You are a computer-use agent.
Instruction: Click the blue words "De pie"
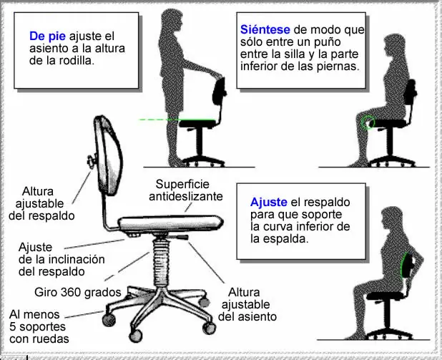coord(47,36)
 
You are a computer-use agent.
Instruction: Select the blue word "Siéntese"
coord(265,29)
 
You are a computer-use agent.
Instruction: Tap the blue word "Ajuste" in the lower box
coord(269,203)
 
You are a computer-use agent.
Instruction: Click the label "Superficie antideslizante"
coord(186,190)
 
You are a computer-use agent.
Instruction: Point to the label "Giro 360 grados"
coord(78,292)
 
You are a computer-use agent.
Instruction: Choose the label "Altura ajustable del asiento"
coord(247,304)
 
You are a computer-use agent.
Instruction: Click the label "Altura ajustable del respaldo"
coord(41,203)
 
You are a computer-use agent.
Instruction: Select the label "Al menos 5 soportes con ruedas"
coord(39,326)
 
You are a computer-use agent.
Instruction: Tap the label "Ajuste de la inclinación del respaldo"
coord(62,259)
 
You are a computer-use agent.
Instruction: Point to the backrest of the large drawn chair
coord(109,155)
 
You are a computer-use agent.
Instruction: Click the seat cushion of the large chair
coord(171,223)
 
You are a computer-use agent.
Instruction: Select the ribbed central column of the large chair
coord(161,263)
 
